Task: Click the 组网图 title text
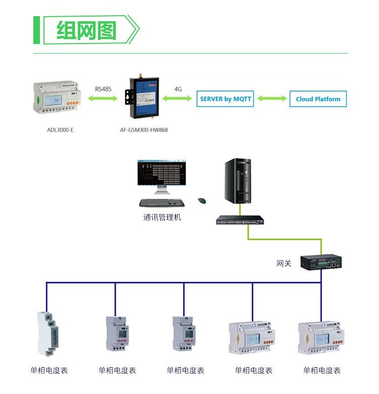pyautogui.click(x=86, y=30)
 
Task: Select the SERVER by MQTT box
pyautogui.click(x=224, y=99)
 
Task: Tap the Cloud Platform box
pyautogui.click(x=318, y=99)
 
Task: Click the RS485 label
pyautogui.click(x=104, y=89)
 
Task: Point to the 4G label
pyautogui.click(x=178, y=89)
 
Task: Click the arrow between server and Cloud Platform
pyautogui.click(x=271, y=99)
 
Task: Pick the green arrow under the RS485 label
pyautogui.click(x=103, y=99)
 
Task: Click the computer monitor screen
pyautogui.click(x=162, y=174)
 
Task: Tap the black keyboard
pyautogui.click(x=162, y=202)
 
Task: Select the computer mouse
pyautogui.click(x=202, y=201)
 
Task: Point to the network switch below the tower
pyautogui.click(x=242, y=220)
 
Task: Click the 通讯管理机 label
pyautogui.click(x=162, y=217)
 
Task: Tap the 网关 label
pyautogui.click(x=284, y=264)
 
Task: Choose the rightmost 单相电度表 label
pyautogui.click(x=322, y=371)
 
